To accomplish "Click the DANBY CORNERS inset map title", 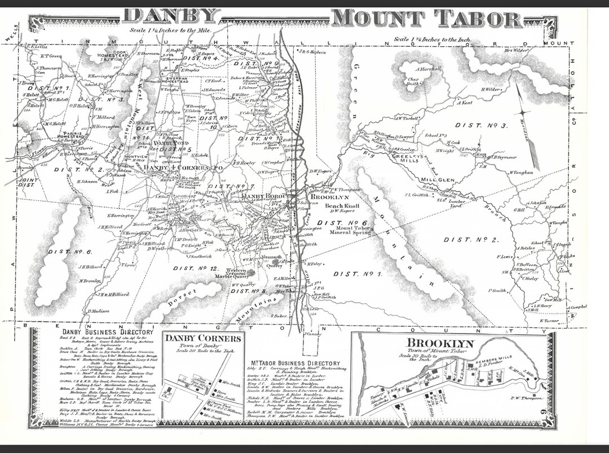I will click(203, 339).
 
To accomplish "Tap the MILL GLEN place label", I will click(438, 180).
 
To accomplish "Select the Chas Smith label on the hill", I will click(416, 83).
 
